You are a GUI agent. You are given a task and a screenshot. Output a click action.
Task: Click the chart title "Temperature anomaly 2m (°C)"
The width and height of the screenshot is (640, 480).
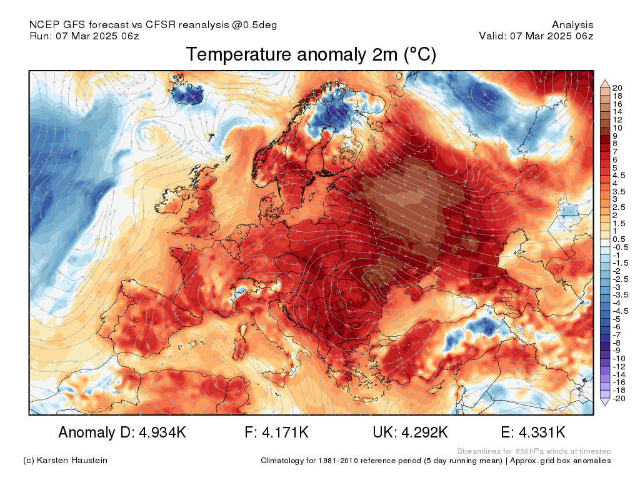click(311, 55)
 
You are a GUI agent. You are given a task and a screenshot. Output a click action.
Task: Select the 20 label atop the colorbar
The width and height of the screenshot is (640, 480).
click(617, 87)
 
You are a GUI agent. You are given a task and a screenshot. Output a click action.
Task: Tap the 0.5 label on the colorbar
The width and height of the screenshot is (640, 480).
click(618, 239)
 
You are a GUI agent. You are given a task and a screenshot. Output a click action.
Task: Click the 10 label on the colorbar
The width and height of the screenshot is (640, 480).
click(617, 127)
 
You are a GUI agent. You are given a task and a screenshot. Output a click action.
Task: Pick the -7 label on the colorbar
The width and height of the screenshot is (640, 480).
click(616, 334)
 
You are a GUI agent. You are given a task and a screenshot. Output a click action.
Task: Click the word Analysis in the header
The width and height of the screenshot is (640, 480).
click(572, 25)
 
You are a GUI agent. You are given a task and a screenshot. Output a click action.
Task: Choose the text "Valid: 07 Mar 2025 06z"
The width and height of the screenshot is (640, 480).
click(536, 36)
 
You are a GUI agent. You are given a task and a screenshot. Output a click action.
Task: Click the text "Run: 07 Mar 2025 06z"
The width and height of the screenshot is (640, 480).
click(84, 36)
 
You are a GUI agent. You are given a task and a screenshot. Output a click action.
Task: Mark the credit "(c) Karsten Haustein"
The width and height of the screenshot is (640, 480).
click(65, 461)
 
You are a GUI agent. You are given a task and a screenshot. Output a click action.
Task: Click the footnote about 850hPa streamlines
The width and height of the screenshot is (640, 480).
click(534, 451)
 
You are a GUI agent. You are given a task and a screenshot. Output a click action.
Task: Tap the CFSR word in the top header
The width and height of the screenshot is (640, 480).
click(162, 25)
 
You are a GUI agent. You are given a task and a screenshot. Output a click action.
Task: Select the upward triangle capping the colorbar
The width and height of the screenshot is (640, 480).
click(605, 83)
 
